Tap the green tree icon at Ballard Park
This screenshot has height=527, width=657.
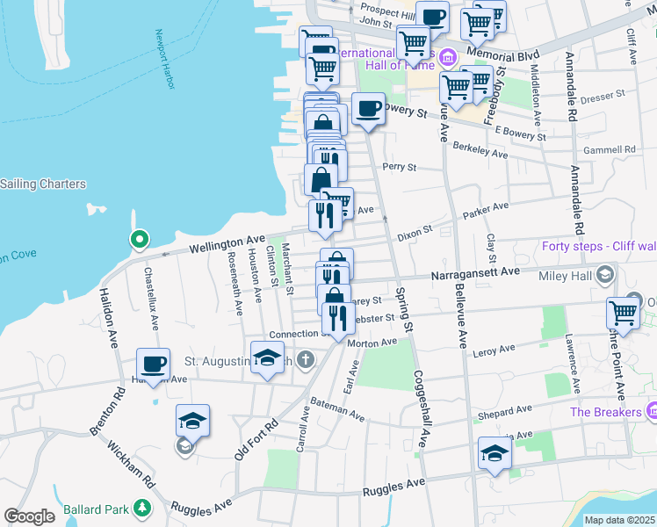141,509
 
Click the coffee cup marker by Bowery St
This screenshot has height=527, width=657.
369,110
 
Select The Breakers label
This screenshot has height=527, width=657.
605,412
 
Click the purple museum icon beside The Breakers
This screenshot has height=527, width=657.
652,411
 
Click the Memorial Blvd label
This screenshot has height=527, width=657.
502,54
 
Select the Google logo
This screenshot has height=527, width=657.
30,516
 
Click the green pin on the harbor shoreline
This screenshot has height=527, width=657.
138,239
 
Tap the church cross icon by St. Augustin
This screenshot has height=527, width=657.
305,359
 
